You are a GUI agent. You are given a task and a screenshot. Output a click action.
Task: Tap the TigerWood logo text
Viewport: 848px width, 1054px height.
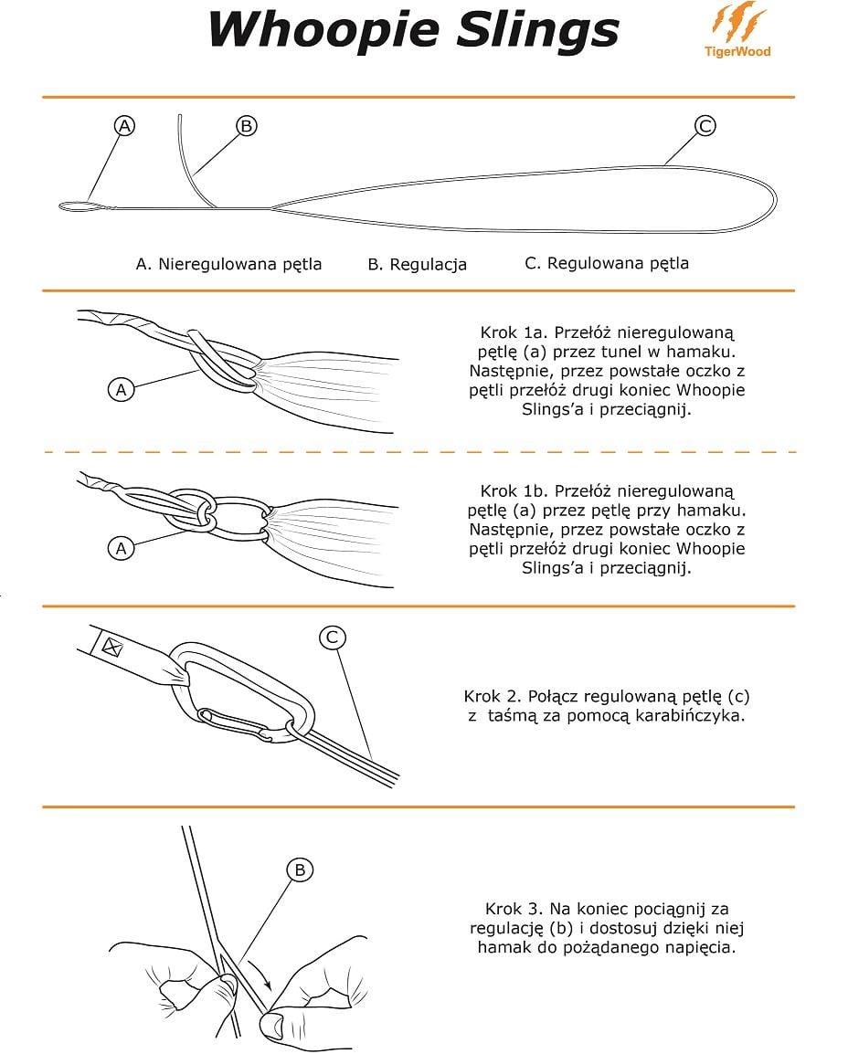tap(737, 52)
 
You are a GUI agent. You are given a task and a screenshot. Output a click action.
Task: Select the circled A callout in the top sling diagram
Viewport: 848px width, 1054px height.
tap(124, 126)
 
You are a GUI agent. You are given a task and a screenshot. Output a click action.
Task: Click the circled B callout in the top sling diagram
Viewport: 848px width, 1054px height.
tap(246, 126)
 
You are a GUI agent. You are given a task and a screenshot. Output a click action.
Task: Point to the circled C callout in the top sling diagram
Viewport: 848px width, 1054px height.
tap(705, 126)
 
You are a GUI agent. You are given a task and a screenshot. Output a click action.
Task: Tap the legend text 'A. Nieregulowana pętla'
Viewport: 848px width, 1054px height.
tap(228, 264)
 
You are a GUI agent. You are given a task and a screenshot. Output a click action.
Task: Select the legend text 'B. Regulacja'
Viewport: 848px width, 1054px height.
tap(417, 264)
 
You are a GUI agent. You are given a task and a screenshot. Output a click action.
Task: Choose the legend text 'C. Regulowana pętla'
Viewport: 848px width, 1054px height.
tap(607, 263)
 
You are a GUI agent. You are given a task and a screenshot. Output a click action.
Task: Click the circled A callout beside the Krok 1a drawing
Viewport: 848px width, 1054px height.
tap(121, 389)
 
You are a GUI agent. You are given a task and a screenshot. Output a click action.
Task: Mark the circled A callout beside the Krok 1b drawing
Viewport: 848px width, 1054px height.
tap(121, 548)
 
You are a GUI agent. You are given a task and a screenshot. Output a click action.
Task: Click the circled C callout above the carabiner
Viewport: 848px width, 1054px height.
tap(333, 638)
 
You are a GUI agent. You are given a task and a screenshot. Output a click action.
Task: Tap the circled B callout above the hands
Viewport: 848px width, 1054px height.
tap(300, 870)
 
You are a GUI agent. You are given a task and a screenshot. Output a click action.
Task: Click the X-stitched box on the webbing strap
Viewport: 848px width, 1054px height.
tap(112, 648)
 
